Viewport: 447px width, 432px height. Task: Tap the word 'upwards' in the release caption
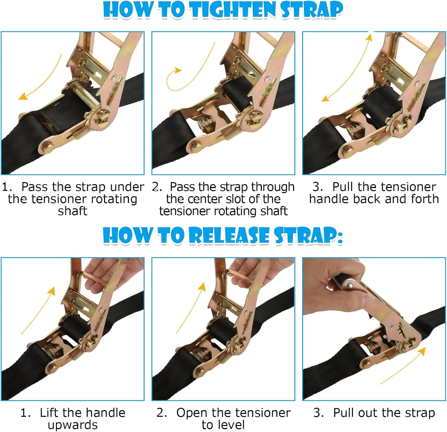(x=72, y=425)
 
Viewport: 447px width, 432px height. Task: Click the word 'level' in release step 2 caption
(x=231, y=425)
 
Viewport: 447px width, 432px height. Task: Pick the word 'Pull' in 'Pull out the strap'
(x=343, y=413)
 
